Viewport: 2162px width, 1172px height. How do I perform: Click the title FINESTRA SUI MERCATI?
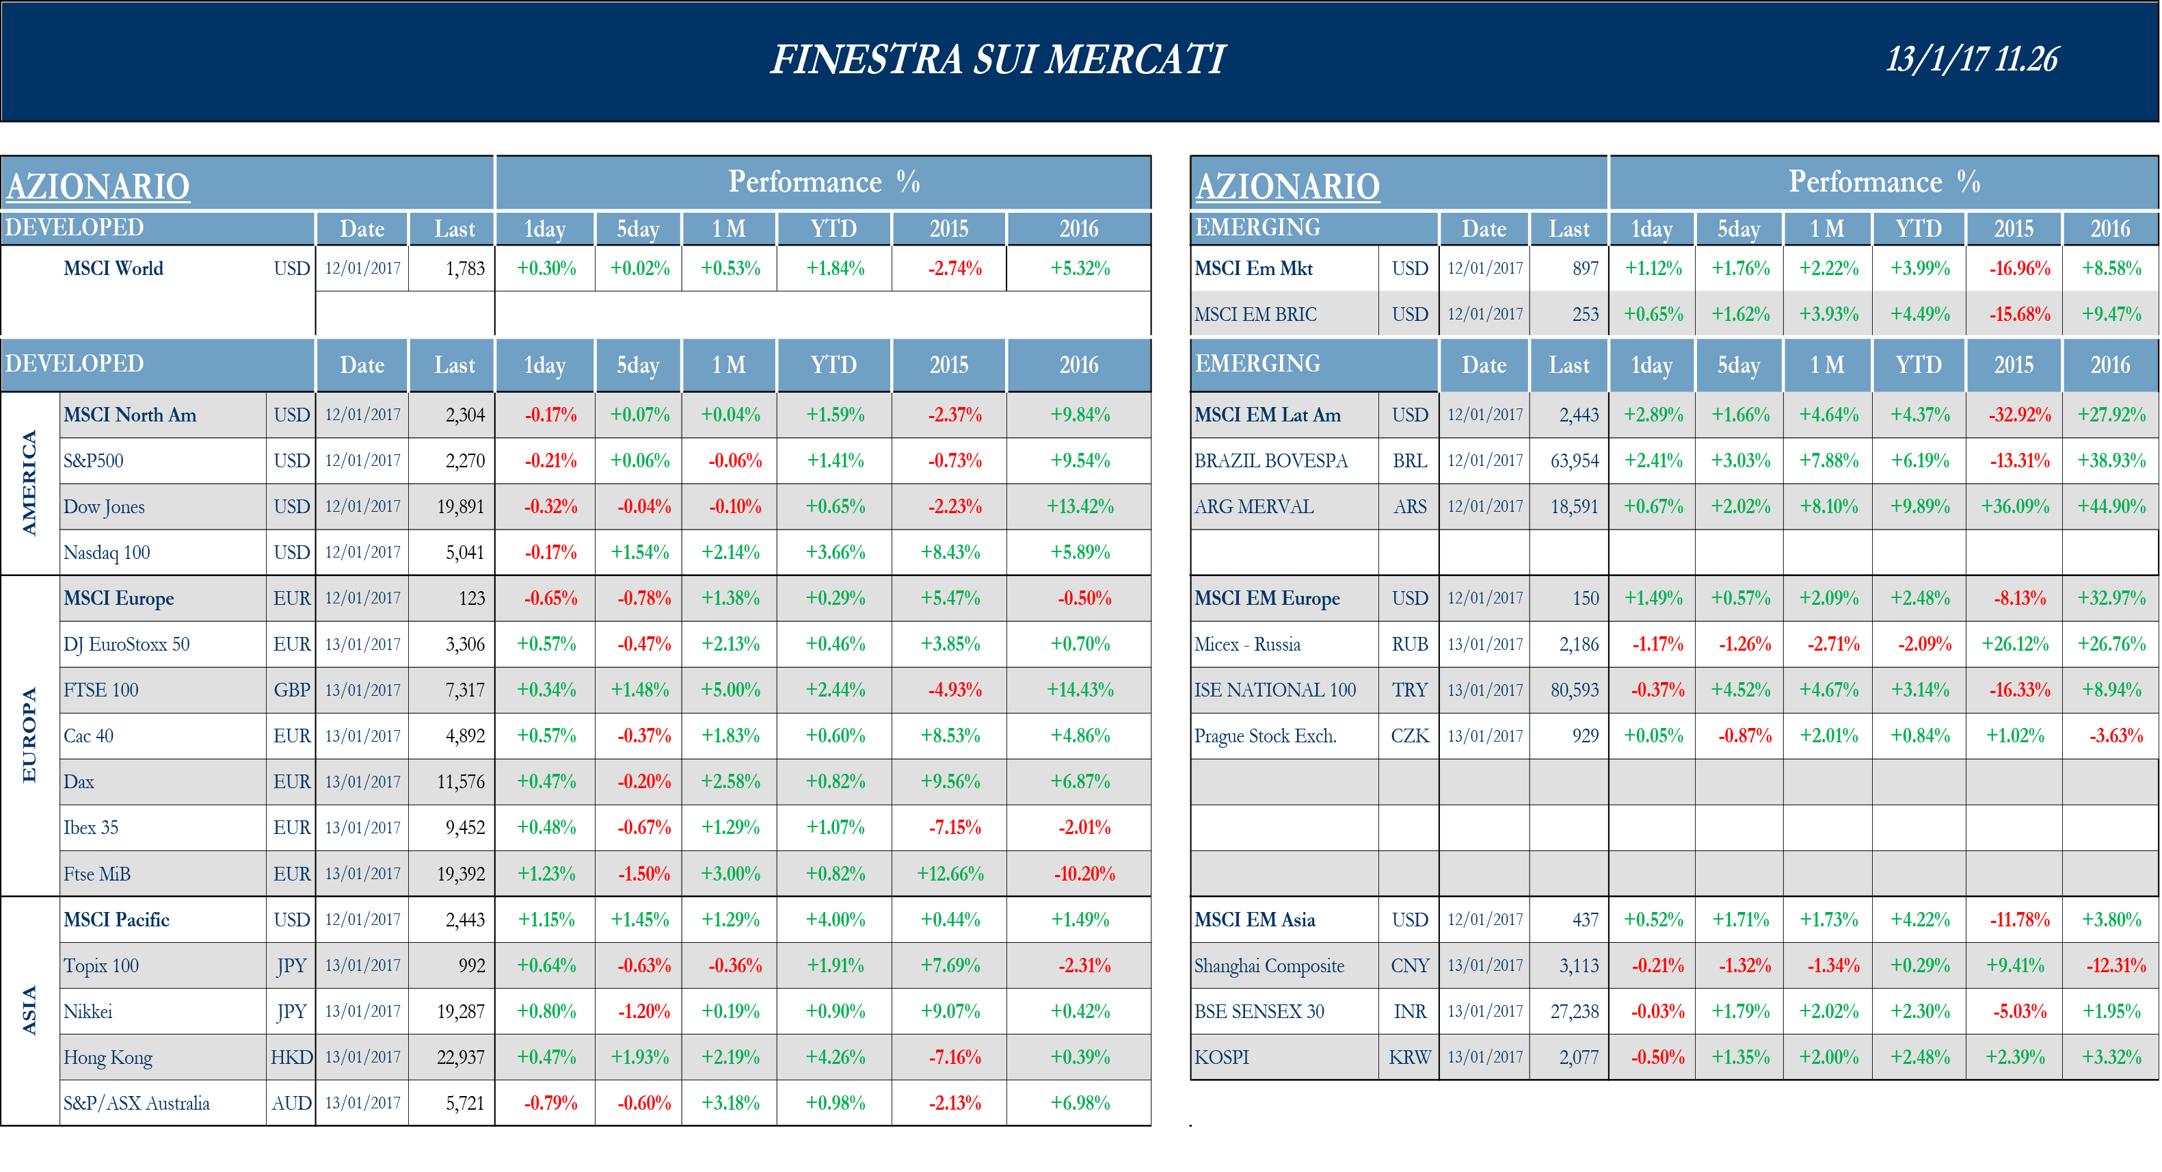coord(998,60)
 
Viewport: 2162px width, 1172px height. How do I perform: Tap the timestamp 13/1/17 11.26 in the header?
coord(1971,60)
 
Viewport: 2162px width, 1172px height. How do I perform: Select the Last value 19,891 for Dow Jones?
coord(460,507)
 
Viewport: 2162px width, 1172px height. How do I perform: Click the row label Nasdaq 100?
coord(107,552)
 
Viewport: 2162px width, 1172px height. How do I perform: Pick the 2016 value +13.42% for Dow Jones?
coord(1080,507)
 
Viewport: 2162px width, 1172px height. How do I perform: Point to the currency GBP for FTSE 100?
coord(291,690)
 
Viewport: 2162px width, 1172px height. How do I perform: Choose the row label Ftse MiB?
coord(96,874)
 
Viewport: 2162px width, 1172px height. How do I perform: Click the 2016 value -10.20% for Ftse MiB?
coord(1084,874)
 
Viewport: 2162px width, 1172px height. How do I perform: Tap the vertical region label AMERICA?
coord(29,483)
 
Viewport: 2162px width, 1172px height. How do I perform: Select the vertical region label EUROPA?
coord(29,735)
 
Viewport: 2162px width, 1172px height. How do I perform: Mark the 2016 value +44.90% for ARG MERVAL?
coord(2111,507)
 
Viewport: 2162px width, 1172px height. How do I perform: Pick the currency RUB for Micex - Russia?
coord(1409,644)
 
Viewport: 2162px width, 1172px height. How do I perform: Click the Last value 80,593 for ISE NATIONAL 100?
coord(1574,690)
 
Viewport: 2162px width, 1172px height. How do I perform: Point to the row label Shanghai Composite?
coord(1269,965)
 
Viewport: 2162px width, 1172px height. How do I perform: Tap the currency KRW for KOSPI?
coord(1409,1057)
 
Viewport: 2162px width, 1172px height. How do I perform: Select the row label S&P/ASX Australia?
coord(136,1103)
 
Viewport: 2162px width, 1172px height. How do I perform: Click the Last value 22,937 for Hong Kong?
coord(460,1057)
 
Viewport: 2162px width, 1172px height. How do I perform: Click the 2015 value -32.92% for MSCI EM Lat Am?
coord(2019,415)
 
